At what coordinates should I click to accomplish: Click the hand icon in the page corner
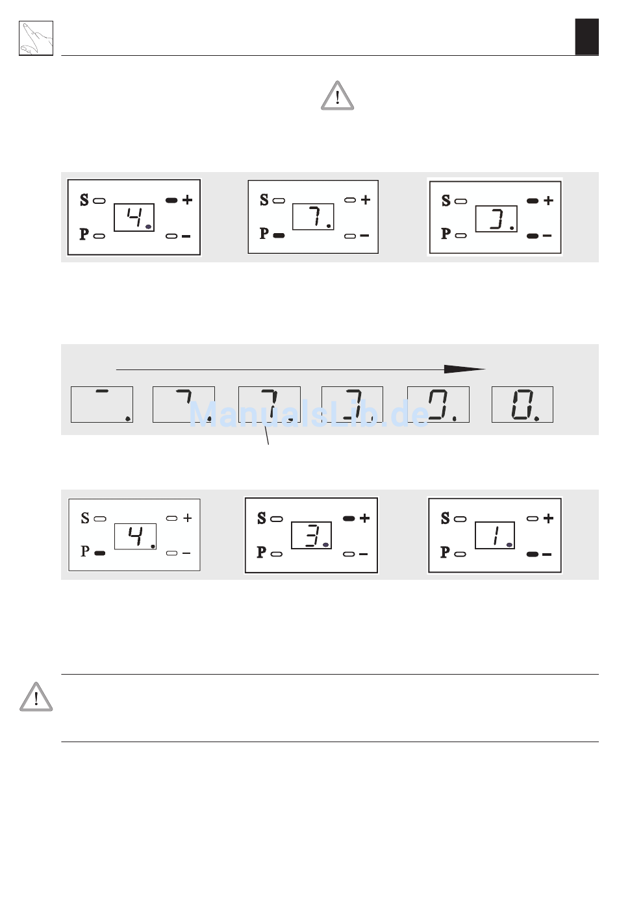click(36, 38)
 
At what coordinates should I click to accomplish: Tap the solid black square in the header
click(587, 36)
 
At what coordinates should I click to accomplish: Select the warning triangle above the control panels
click(338, 95)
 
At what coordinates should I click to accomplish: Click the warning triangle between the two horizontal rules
click(36, 697)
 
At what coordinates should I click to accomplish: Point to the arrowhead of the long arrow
click(464, 369)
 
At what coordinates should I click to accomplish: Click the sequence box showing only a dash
click(102, 405)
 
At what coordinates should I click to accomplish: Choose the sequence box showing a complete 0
click(522, 405)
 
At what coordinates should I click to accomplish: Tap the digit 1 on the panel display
click(496, 536)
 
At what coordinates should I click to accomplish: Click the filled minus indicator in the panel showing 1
click(533, 555)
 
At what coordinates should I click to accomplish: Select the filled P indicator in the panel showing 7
click(279, 235)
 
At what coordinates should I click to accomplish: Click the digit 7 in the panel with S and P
click(317, 216)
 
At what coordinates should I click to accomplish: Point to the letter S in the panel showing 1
click(445, 518)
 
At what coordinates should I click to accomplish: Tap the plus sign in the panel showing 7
click(366, 199)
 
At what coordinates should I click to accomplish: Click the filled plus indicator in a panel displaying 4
click(171, 200)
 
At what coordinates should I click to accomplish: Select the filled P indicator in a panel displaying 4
click(100, 553)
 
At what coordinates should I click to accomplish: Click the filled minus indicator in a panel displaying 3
click(533, 236)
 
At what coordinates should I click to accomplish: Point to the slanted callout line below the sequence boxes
click(266, 435)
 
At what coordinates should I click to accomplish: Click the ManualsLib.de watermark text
click(308, 414)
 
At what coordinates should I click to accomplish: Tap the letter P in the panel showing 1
click(445, 552)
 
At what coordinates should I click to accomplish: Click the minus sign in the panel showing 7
click(364, 235)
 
